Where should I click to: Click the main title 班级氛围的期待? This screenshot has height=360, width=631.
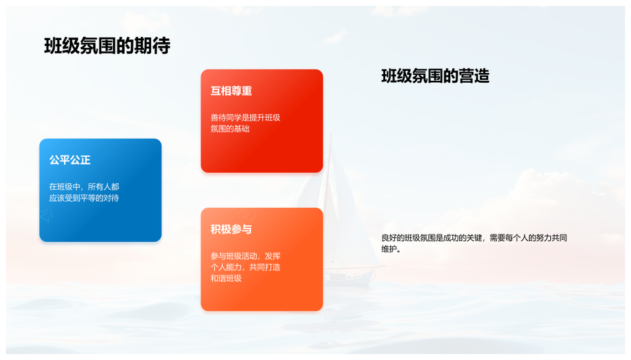tap(107, 45)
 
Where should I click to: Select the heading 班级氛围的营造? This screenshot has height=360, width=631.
tap(435, 76)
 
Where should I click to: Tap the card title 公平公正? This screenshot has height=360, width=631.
tap(70, 160)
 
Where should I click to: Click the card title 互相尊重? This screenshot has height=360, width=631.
tap(231, 91)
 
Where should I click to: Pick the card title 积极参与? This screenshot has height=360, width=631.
tap(231, 229)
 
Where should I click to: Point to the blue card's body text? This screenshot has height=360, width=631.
tap(84, 192)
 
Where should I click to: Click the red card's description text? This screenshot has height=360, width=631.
tap(245, 123)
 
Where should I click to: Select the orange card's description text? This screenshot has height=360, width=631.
tap(245, 267)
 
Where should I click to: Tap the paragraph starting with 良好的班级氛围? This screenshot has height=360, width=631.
tap(474, 243)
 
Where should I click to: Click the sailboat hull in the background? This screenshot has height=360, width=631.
tap(349, 277)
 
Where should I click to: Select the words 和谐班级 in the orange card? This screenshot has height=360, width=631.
tap(226, 279)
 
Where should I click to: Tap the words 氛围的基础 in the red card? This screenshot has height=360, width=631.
tap(230, 129)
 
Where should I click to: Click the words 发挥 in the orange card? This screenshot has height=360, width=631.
tap(272, 256)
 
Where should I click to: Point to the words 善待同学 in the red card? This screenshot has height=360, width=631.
tap(226, 118)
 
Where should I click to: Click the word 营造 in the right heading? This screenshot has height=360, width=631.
tap(474, 76)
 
